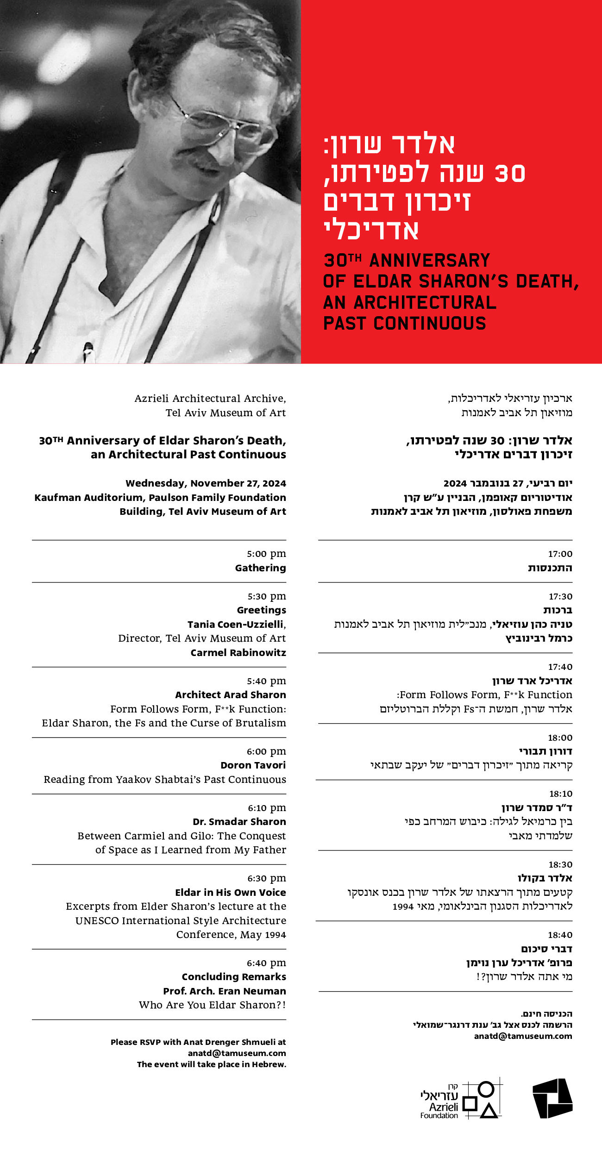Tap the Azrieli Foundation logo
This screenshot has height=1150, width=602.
pyautogui.click(x=461, y=1100)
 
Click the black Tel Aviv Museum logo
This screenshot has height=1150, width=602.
pyautogui.click(x=552, y=1098)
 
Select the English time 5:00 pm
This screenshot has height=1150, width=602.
pyautogui.click(x=266, y=554)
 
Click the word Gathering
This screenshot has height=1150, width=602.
pyautogui.click(x=260, y=568)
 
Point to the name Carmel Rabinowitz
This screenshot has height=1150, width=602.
pyautogui.click(x=238, y=653)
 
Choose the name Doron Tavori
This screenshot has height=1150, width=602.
pyautogui.click(x=253, y=765)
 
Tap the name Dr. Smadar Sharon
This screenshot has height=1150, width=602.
pyautogui.click(x=239, y=822)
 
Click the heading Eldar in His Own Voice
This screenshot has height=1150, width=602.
pyautogui.click(x=230, y=893)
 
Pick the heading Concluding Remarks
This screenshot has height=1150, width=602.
pyautogui.click(x=234, y=977)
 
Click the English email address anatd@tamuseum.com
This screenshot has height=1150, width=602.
pyautogui.click(x=237, y=1053)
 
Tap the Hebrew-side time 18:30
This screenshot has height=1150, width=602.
pyautogui.click(x=560, y=864)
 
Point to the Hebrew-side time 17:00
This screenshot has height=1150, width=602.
pyautogui.click(x=560, y=554)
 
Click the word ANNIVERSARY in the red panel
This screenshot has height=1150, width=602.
pyautogui.click(x=429, y=261)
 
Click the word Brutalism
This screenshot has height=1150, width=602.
pyautogui.click(x=261, y=723)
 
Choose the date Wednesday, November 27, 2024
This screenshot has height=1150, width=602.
pyautogui.click(x=206, y=483)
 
